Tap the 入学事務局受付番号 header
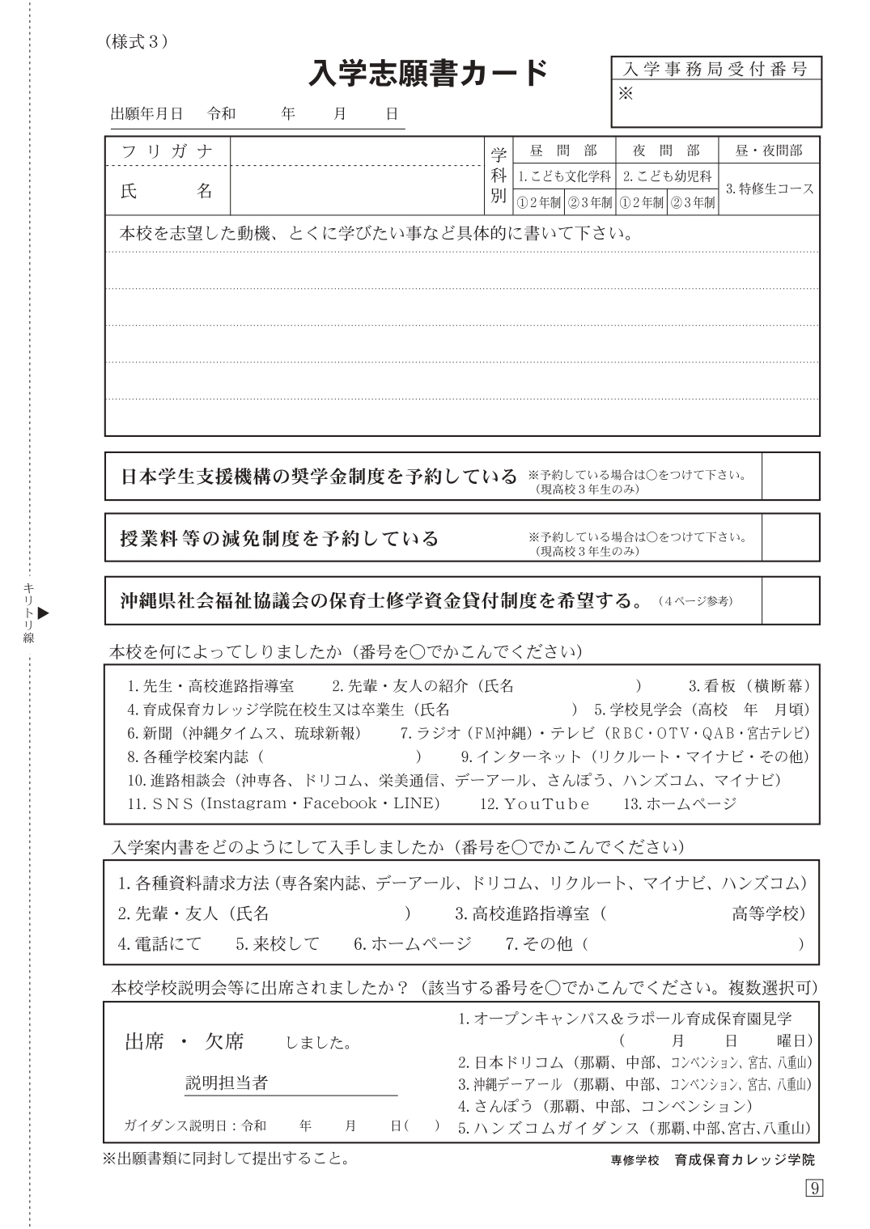(x=715, y=69)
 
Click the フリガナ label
(x=168, y=151)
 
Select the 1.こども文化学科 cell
(x=564, y=176)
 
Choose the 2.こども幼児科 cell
(x=667, y=176)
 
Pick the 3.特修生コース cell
(x=769, y=189)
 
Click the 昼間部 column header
(x=564, y=150)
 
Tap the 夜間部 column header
(x=667, y=150)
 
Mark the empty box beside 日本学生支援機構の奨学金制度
(x=791, y=476)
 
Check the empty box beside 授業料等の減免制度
(x=791, y=537)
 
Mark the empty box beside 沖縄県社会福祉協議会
(x=791, y=600)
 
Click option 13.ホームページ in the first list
(x=680, y=803)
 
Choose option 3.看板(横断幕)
(x=749, y=686)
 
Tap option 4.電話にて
(x=159, y=943)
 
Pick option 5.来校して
(x=278, y=943)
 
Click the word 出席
(x=145, y=1041)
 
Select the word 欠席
(x=224, y=1041)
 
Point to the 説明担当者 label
(x=227, y=1083)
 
